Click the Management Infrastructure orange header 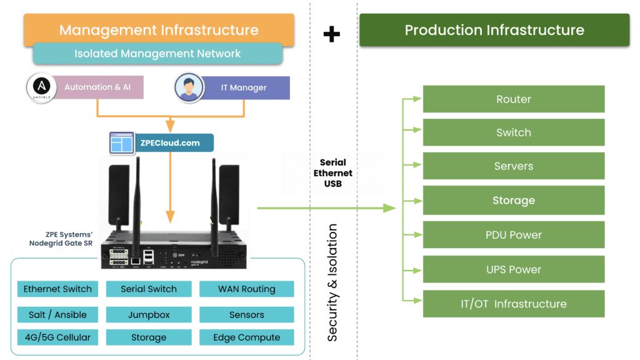159,30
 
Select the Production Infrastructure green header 494,30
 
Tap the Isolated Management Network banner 157,54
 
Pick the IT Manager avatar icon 189,88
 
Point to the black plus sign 331,34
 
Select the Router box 514,99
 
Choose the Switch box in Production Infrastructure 514,132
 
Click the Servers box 514,166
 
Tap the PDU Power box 514,235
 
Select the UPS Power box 514,269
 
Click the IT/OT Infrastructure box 514,304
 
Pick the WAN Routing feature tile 246,289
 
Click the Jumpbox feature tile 149,314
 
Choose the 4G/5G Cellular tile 57,337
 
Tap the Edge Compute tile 246,337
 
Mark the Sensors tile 246,314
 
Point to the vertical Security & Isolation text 332,282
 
